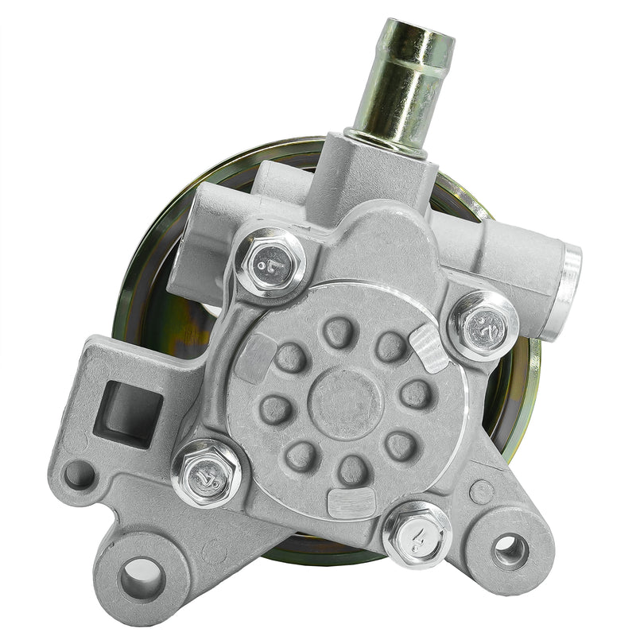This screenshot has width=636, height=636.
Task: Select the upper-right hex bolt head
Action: coord(483,324)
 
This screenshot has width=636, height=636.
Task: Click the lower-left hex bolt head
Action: coord(206,472)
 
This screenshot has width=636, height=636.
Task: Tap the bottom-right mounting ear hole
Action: coord(509,550)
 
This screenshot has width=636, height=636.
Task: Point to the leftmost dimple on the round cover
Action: coord(276,409)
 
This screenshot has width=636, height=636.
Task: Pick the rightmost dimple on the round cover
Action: coord(415,393)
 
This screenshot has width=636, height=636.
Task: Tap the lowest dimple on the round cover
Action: coord(352,469)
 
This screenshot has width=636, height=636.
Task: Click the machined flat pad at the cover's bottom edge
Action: coord(351,502)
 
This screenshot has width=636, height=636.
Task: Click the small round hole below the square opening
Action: coord(79,475)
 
